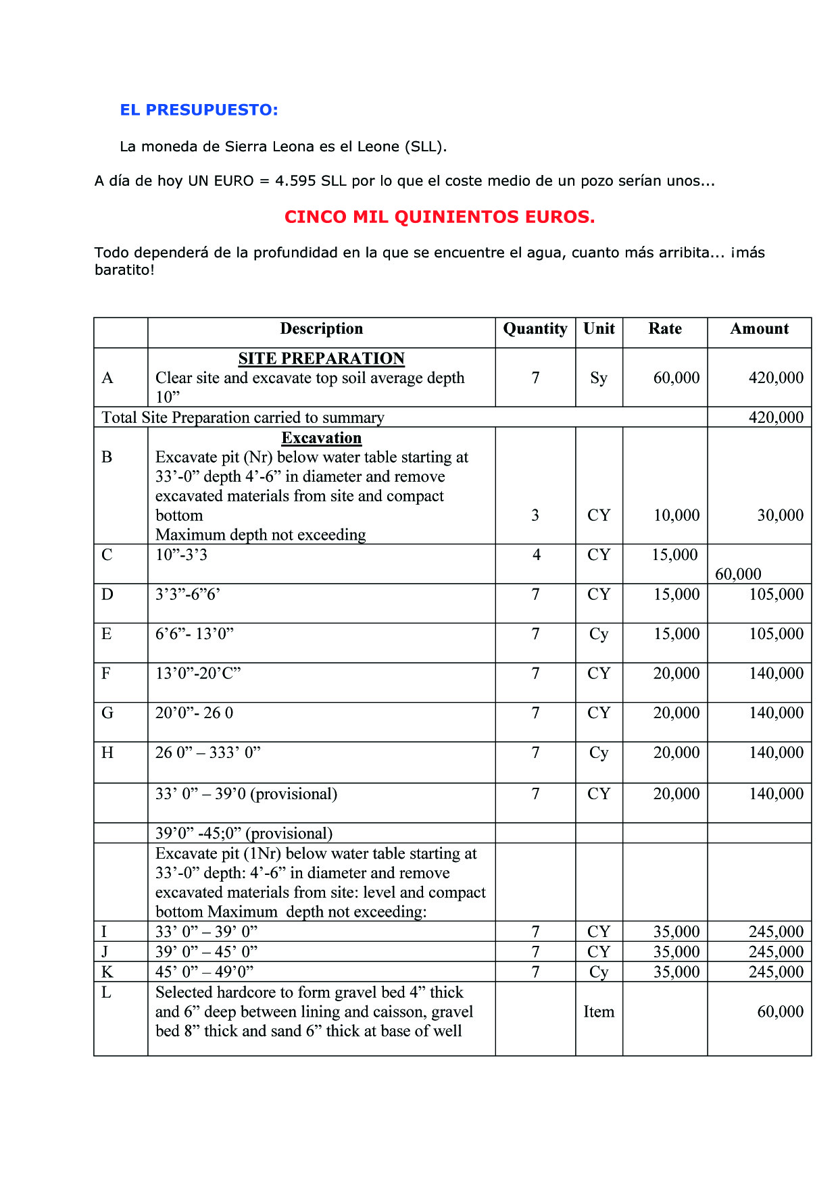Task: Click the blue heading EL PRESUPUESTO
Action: click(199, 110)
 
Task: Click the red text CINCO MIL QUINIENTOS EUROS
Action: click(439, 217)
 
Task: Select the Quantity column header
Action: click(535, 329)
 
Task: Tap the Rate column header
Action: click(665, 329)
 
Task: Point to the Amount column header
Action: click(759, 329)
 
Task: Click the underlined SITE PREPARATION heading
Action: click(321, 359)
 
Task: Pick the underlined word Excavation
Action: click(321, 438)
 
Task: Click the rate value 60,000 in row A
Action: click(676, 378)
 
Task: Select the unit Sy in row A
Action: click(599, 378)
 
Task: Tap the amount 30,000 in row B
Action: click(780, 515)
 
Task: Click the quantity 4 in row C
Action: click(536, 555)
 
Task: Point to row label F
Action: click(106, 674)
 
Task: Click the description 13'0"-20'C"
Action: click(198, 674)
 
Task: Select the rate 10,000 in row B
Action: click(676, 515)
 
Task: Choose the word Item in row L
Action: click(599, 1012)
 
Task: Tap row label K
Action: click(107, 972)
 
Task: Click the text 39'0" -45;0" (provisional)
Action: click(243, 834)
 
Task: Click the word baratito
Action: click(122, 270)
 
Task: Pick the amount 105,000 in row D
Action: click(776, 595)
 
